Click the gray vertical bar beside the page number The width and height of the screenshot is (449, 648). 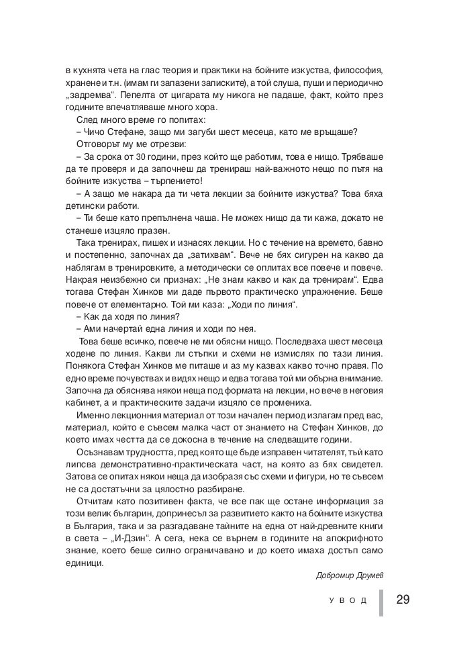tap(381, 602)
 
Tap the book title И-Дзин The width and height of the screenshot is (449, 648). tap(130, 538)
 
